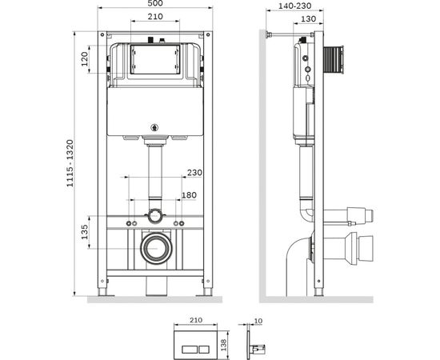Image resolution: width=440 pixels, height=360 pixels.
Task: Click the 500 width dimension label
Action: click(x=155, y=3)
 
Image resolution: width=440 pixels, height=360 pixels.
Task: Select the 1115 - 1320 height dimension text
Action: click(x=70, y=163)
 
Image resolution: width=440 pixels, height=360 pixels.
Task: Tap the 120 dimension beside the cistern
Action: click(x=85, y=59)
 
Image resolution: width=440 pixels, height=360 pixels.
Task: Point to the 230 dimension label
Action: click(x=194, y=172)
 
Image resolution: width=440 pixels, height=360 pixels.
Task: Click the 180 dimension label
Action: click(x=189, y=195)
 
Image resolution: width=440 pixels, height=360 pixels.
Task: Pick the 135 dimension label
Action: click(x=85, y=232)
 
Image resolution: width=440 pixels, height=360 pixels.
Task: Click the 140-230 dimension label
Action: click(x=294, y=6)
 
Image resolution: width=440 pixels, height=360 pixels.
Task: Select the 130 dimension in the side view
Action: click(x=308, y=18)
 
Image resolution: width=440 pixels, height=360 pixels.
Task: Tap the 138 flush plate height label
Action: click(x=224, y=345)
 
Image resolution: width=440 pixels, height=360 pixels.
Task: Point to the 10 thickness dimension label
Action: click(x=258, y=321)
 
